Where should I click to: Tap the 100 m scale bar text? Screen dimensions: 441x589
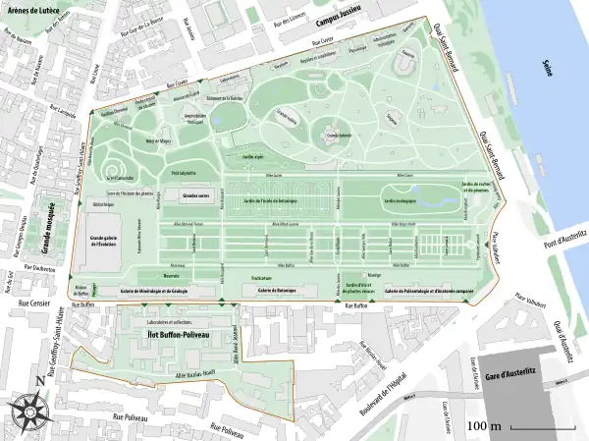click(x=484, y=426)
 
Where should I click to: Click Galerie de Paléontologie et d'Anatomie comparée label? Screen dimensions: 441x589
click(x=430, y=292)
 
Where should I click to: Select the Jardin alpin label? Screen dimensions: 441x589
click(x=252, y=155)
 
